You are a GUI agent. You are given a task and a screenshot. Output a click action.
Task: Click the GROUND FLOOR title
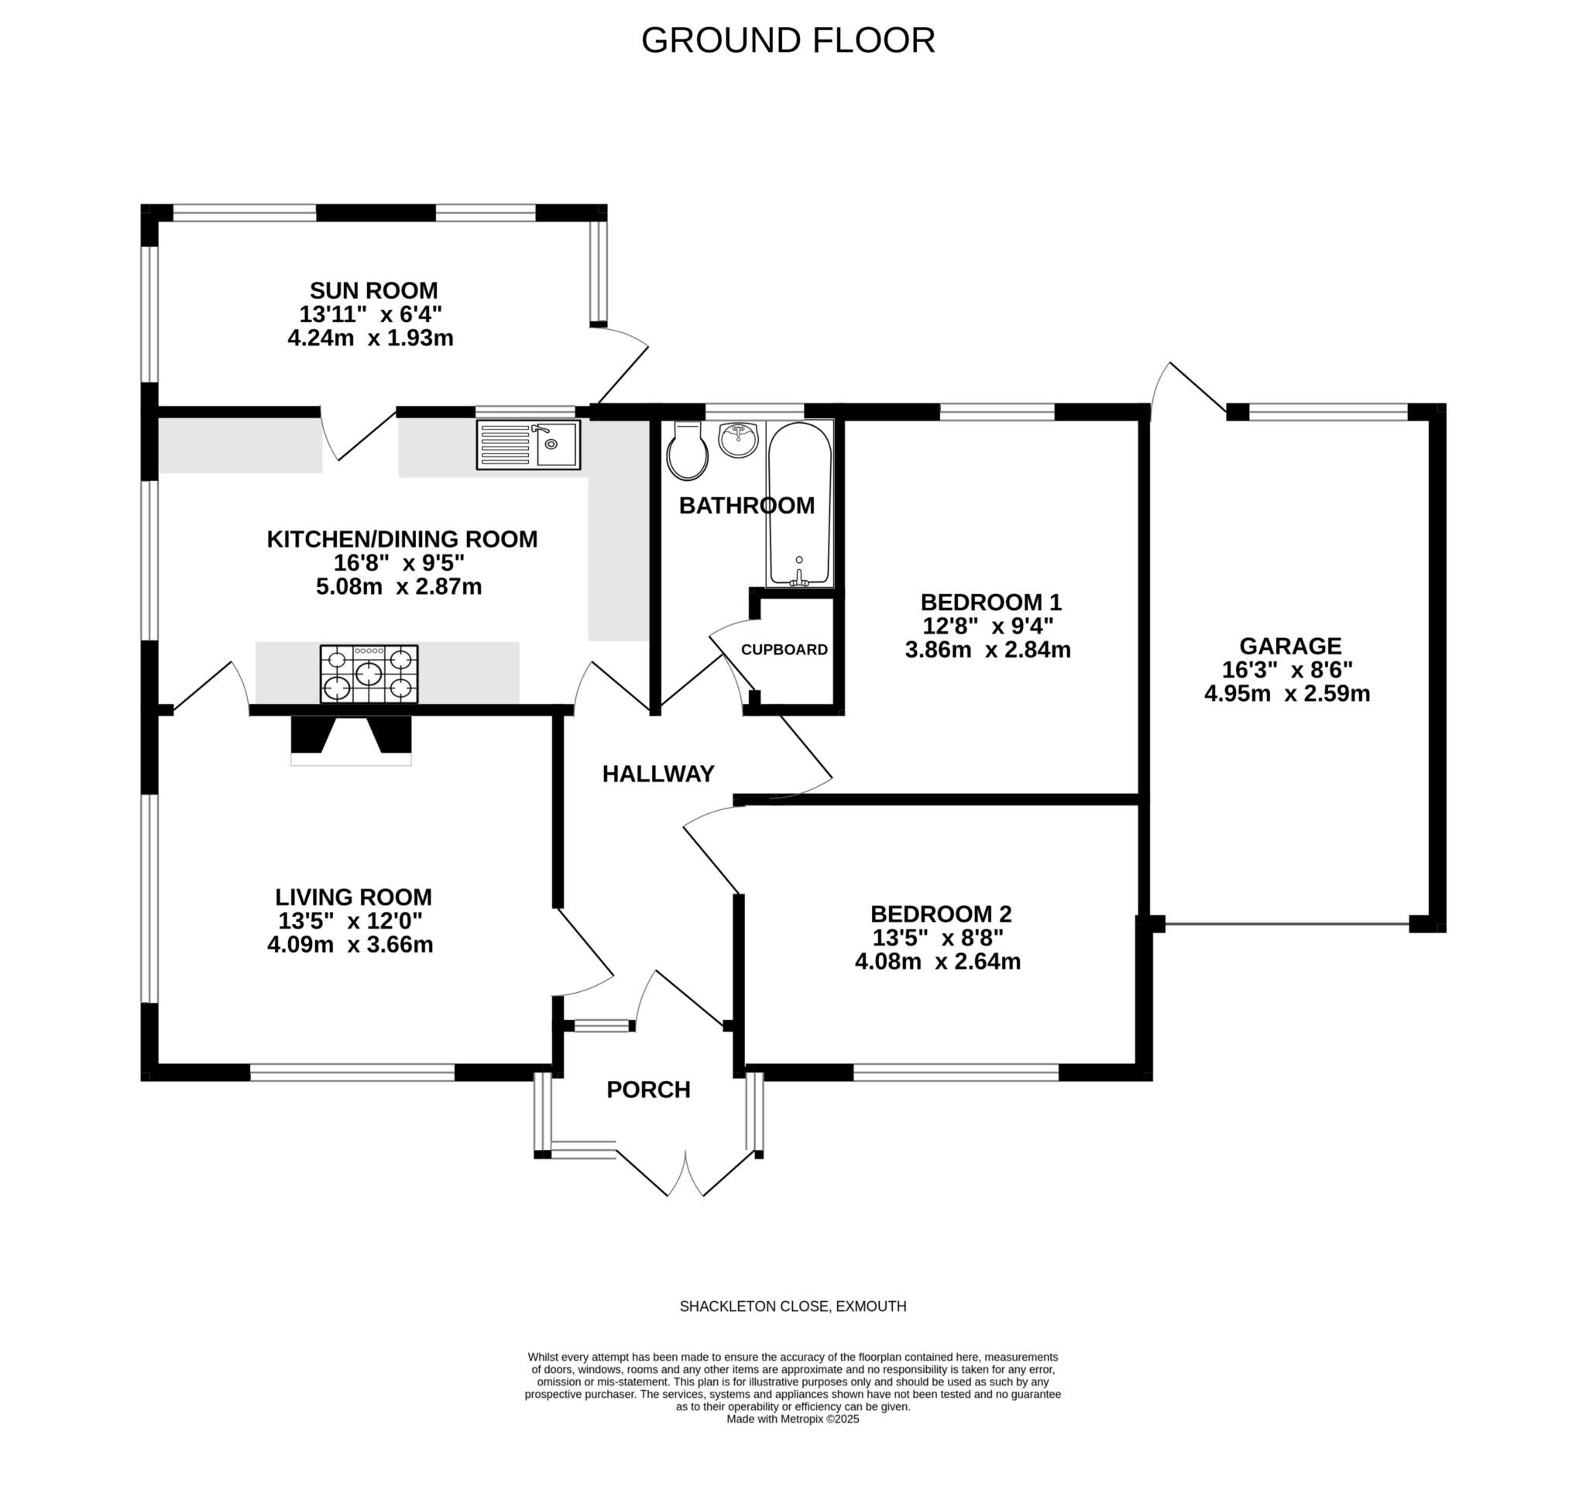[x=788, y=41]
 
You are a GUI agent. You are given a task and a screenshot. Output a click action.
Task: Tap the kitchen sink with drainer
[x=528, y=445]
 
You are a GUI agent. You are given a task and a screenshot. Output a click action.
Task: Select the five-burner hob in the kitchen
[x=369, y=675]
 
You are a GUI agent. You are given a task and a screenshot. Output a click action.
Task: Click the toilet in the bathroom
[x=687, y=452]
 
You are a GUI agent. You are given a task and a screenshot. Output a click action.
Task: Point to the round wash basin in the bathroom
[x=738, y=440]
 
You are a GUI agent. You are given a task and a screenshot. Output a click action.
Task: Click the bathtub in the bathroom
[x=799, y=503]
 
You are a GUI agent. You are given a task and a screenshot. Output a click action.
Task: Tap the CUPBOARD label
[x=784, y=650]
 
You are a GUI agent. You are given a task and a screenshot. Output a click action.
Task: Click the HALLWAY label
[x=657, y=773]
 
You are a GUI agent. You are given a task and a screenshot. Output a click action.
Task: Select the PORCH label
[x=648, y=1089]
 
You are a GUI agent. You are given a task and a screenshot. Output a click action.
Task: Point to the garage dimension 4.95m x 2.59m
[x=1287, y=693]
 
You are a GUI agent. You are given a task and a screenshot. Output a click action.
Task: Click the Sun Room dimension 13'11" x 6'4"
[x=370, y=314]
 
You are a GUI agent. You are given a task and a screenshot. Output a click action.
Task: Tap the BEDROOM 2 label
[x=941, y=914]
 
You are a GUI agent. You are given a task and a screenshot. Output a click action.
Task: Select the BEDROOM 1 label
[x=990, y=602]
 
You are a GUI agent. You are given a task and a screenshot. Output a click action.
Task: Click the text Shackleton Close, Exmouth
[x=792, y=1306]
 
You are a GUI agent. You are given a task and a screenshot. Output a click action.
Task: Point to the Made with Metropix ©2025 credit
[x=792, y=1419]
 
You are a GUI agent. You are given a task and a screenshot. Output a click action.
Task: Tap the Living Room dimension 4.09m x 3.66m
[x=350, y=945]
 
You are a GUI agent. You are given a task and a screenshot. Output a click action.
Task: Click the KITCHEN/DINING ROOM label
[x=402, y=540]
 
